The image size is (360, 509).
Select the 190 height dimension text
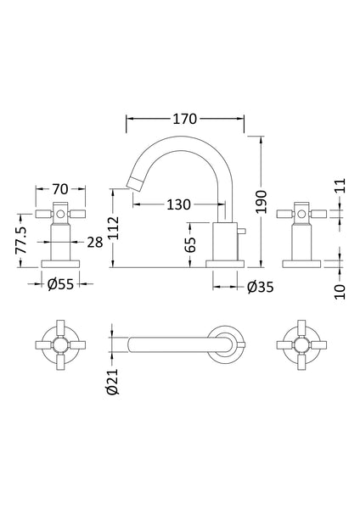click(263, 200)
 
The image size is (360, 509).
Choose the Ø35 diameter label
click(258, 287)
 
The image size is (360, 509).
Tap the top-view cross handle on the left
click(59, 345)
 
